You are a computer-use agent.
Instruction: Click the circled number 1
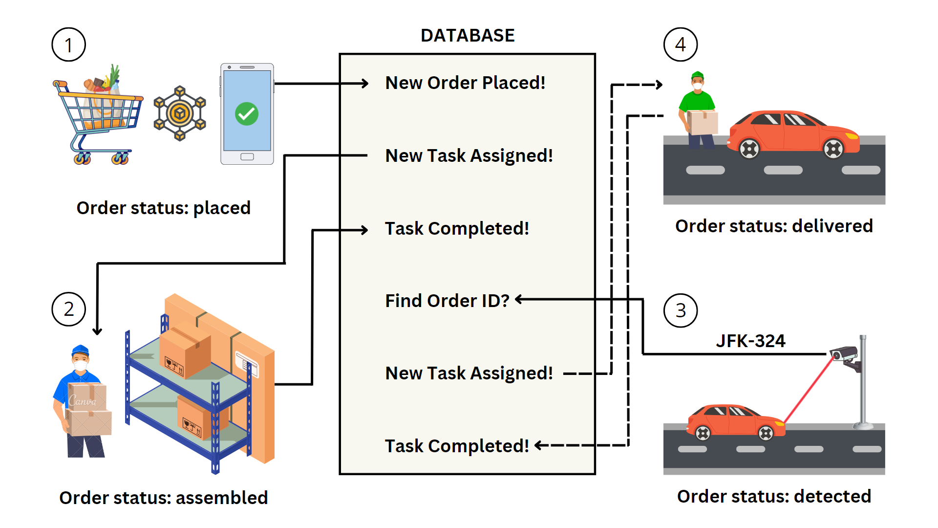click(68, 45)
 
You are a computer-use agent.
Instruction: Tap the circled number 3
click(680, 310)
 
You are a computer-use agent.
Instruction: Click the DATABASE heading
click(468, 36)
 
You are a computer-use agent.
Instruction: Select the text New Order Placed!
click(465, 83)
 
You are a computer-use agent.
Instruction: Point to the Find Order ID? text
click(447, 301)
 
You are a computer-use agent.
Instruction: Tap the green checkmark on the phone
click(247, 114)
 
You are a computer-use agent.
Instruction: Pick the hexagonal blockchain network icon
click(180, 113)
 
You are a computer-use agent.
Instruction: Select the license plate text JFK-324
click(750, 341)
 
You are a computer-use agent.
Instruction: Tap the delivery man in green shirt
click(698, 110)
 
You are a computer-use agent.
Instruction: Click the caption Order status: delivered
click(774, 226)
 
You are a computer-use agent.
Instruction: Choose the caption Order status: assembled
click(164, 498)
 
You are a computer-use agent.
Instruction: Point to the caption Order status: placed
click(164, 208)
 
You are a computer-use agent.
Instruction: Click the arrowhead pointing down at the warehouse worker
click(97, 331)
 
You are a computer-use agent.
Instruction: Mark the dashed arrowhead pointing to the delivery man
click(660, 85)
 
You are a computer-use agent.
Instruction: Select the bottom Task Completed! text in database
click(457, 446)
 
